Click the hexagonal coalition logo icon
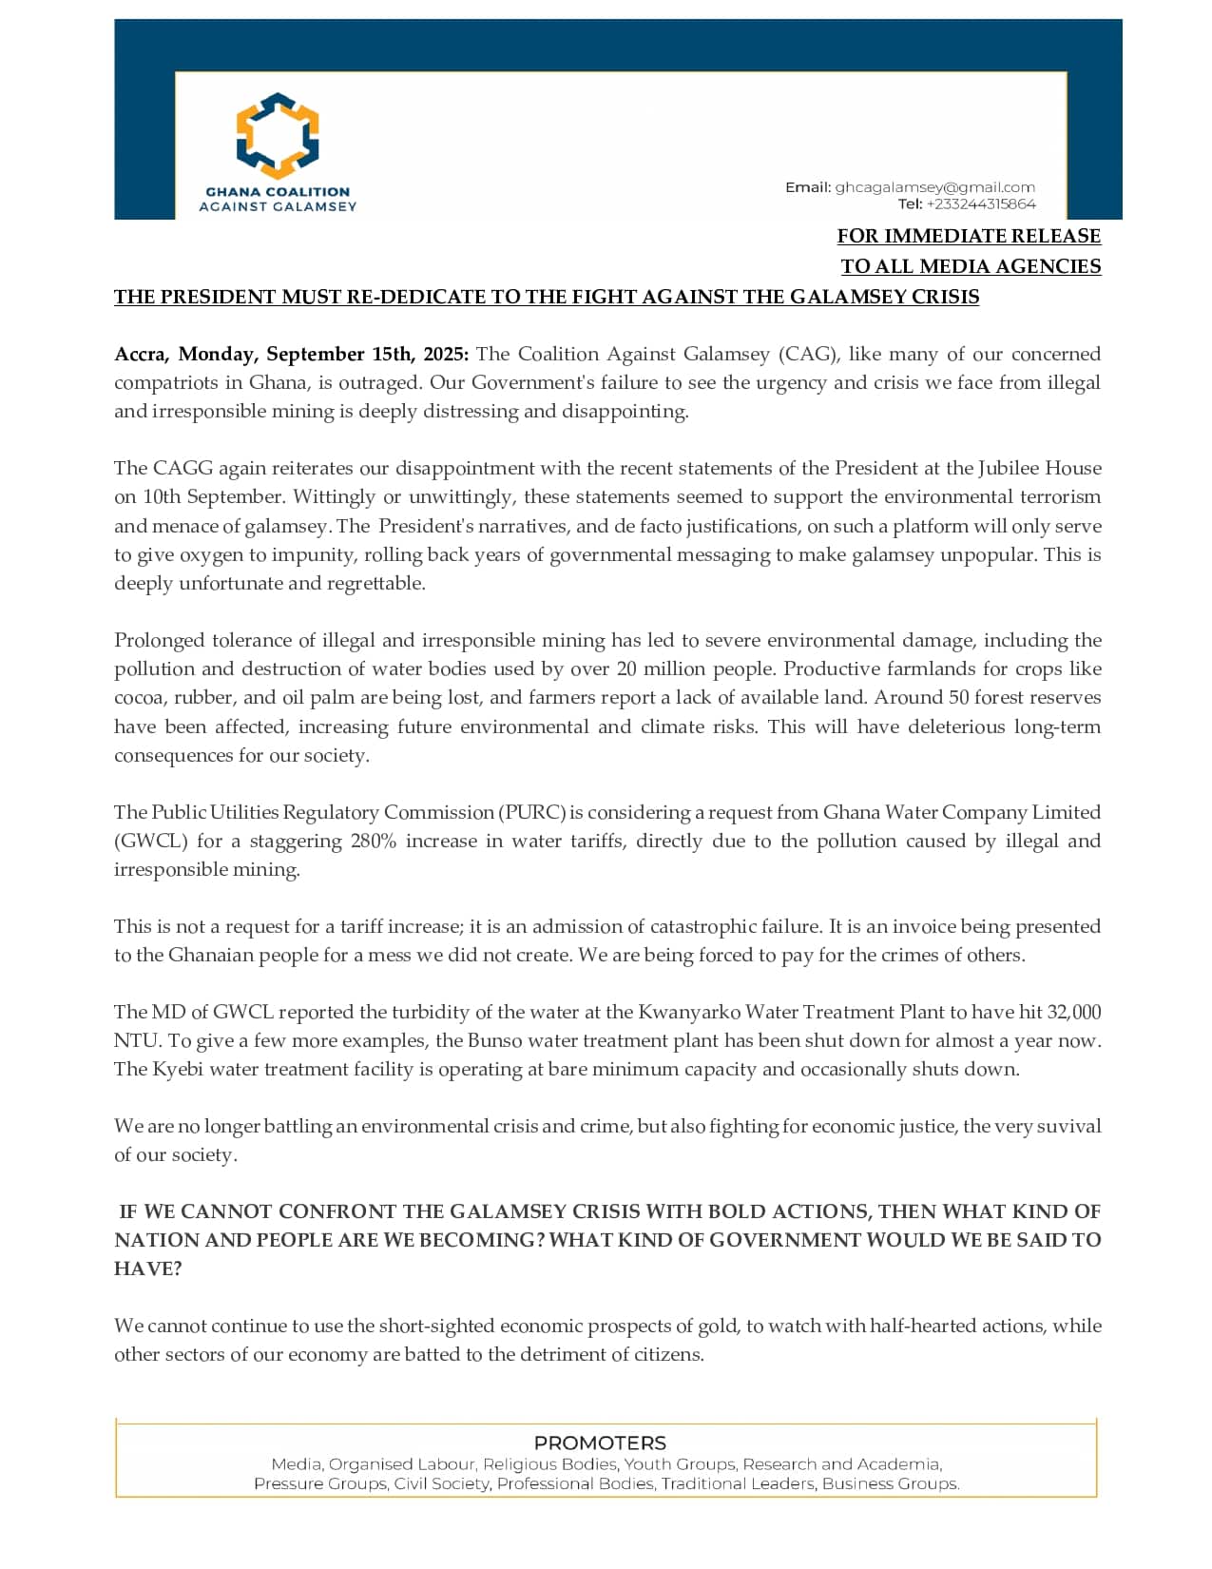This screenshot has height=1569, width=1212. (277, 136)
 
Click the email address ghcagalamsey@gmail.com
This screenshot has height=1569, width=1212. (934, 187)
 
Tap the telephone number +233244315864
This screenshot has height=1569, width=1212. (980, 203)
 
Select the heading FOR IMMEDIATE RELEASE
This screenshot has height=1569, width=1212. (968, 236)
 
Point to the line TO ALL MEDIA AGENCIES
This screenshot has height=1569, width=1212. (970, 266)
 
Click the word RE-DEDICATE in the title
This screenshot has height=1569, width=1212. (416, 297)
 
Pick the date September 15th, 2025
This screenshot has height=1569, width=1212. (367, 355)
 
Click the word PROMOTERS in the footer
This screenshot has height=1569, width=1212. (600, 1443)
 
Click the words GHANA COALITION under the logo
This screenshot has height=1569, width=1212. (278, 191)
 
